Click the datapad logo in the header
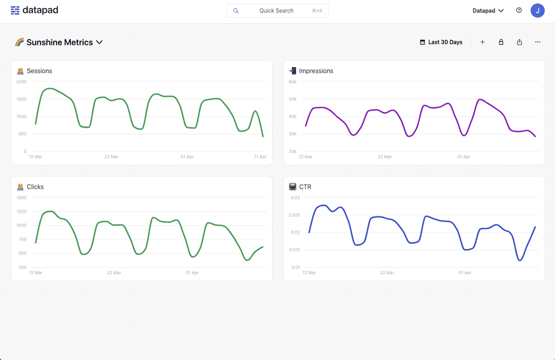(34, 10)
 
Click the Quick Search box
(277, 10)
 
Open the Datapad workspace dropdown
(488, 10)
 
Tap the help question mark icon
(519, 10)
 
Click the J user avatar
(537, 10)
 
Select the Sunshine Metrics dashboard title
(59, 42)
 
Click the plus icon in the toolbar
(482, 42)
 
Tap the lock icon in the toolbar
(501, 42)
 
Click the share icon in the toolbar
(519, 42)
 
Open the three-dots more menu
(538, 42)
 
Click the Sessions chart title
(39, 71)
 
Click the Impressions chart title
(316, 71)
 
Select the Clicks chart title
(35, 187)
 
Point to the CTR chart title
(305, 187)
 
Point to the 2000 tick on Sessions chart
(21, 82)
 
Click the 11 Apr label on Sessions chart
(260, 157)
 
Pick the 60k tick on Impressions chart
(292, 82)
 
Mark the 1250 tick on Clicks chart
(21, 211)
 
